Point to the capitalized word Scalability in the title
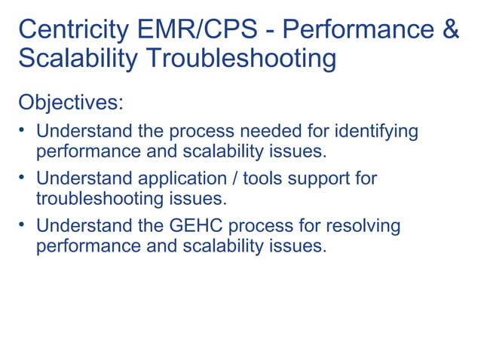pos(72,59)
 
